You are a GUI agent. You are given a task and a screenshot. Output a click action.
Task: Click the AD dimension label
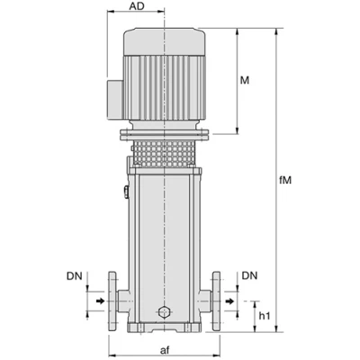(137, 6)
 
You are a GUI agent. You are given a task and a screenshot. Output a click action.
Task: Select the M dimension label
(245, 80)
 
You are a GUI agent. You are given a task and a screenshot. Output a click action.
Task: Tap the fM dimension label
(285, 180)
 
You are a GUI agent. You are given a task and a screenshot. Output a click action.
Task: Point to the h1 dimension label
(265, 316)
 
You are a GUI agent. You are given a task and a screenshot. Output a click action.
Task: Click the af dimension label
(165, 350)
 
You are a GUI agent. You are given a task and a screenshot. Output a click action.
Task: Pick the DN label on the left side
(75, 276)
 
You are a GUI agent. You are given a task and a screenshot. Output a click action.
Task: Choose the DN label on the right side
(249, 275)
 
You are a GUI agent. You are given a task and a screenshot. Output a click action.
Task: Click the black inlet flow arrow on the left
(101, 301)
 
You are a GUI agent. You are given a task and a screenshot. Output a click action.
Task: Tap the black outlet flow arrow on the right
(229, 301)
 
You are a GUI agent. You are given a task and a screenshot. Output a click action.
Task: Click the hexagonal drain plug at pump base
(164, 312)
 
